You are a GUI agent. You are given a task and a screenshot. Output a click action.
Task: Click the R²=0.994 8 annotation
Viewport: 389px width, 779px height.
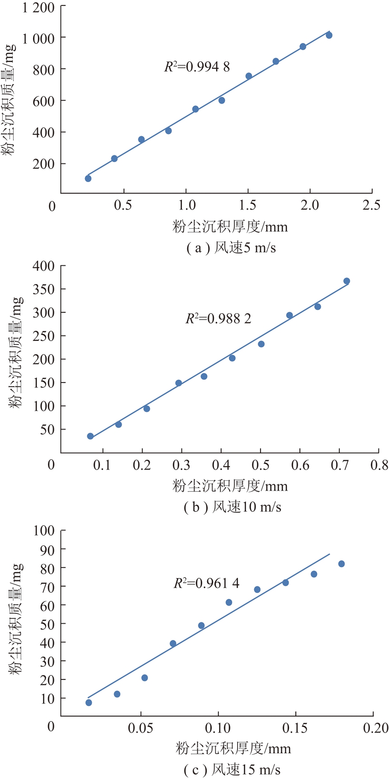click(x=197, y=67)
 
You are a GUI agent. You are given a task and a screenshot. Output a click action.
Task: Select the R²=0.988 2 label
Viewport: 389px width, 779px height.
click(x=218, y=319)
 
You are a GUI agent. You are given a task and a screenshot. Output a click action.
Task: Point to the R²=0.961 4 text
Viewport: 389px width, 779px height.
click(x=206, y=583)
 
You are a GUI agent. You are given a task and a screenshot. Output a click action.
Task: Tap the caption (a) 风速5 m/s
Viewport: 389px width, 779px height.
click(x=231, y=248)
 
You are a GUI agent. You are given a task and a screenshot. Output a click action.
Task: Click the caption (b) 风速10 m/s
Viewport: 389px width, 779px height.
click(x=232, y=507)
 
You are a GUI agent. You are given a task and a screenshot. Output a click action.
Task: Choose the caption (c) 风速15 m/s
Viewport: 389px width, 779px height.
click(x=232, y=769)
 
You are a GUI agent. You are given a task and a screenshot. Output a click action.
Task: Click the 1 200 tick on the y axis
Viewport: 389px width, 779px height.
click(x=38, y=8)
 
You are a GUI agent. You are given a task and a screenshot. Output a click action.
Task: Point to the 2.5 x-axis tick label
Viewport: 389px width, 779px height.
click(x=371, y=205)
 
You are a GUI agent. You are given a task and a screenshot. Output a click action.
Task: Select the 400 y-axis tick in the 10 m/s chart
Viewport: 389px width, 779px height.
click(x=43, y=266)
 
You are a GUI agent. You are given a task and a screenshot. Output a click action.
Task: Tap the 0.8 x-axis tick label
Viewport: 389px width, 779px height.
click(x=379, y=465)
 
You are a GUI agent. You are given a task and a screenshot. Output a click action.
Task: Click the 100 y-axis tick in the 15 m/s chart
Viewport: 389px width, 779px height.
click(x=43, y=530)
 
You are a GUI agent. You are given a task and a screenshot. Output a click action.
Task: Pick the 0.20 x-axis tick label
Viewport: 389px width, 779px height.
click(x=375, y=728)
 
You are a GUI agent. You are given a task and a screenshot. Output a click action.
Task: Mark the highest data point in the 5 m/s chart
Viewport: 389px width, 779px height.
click(x=329, y=35)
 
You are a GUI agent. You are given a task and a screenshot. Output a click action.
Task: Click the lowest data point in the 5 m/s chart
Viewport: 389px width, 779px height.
click(x=88, y=178)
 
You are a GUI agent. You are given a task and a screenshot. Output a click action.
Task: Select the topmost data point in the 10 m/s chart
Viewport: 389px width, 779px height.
click(x=346, y=281)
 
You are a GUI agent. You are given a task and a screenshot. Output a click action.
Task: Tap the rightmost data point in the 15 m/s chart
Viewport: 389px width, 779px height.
click(x=342, y=564)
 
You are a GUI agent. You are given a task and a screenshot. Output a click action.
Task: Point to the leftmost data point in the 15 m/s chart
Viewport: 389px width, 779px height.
click(x=89, y=703)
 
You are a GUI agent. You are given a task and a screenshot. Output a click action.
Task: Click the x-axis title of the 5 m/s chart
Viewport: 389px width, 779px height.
click(x=230, y=226)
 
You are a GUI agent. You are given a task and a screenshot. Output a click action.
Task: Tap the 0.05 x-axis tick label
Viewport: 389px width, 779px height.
click(x=141, y=728)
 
